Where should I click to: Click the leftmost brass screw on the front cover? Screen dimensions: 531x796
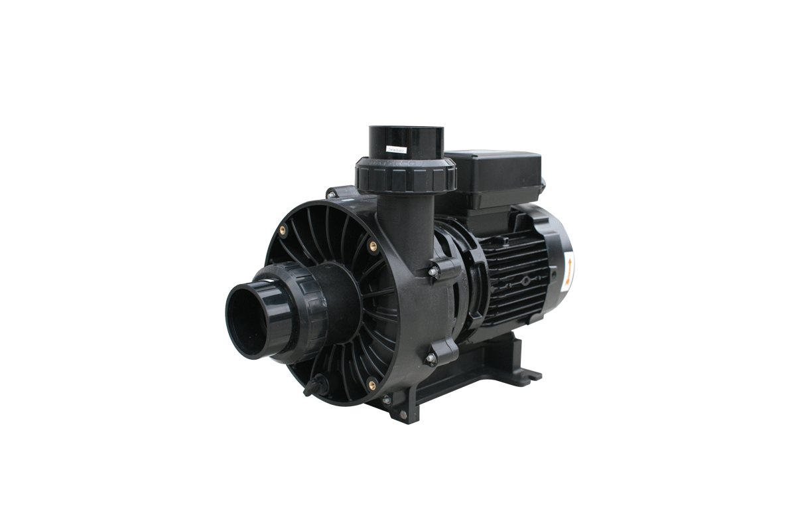point(283,230)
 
